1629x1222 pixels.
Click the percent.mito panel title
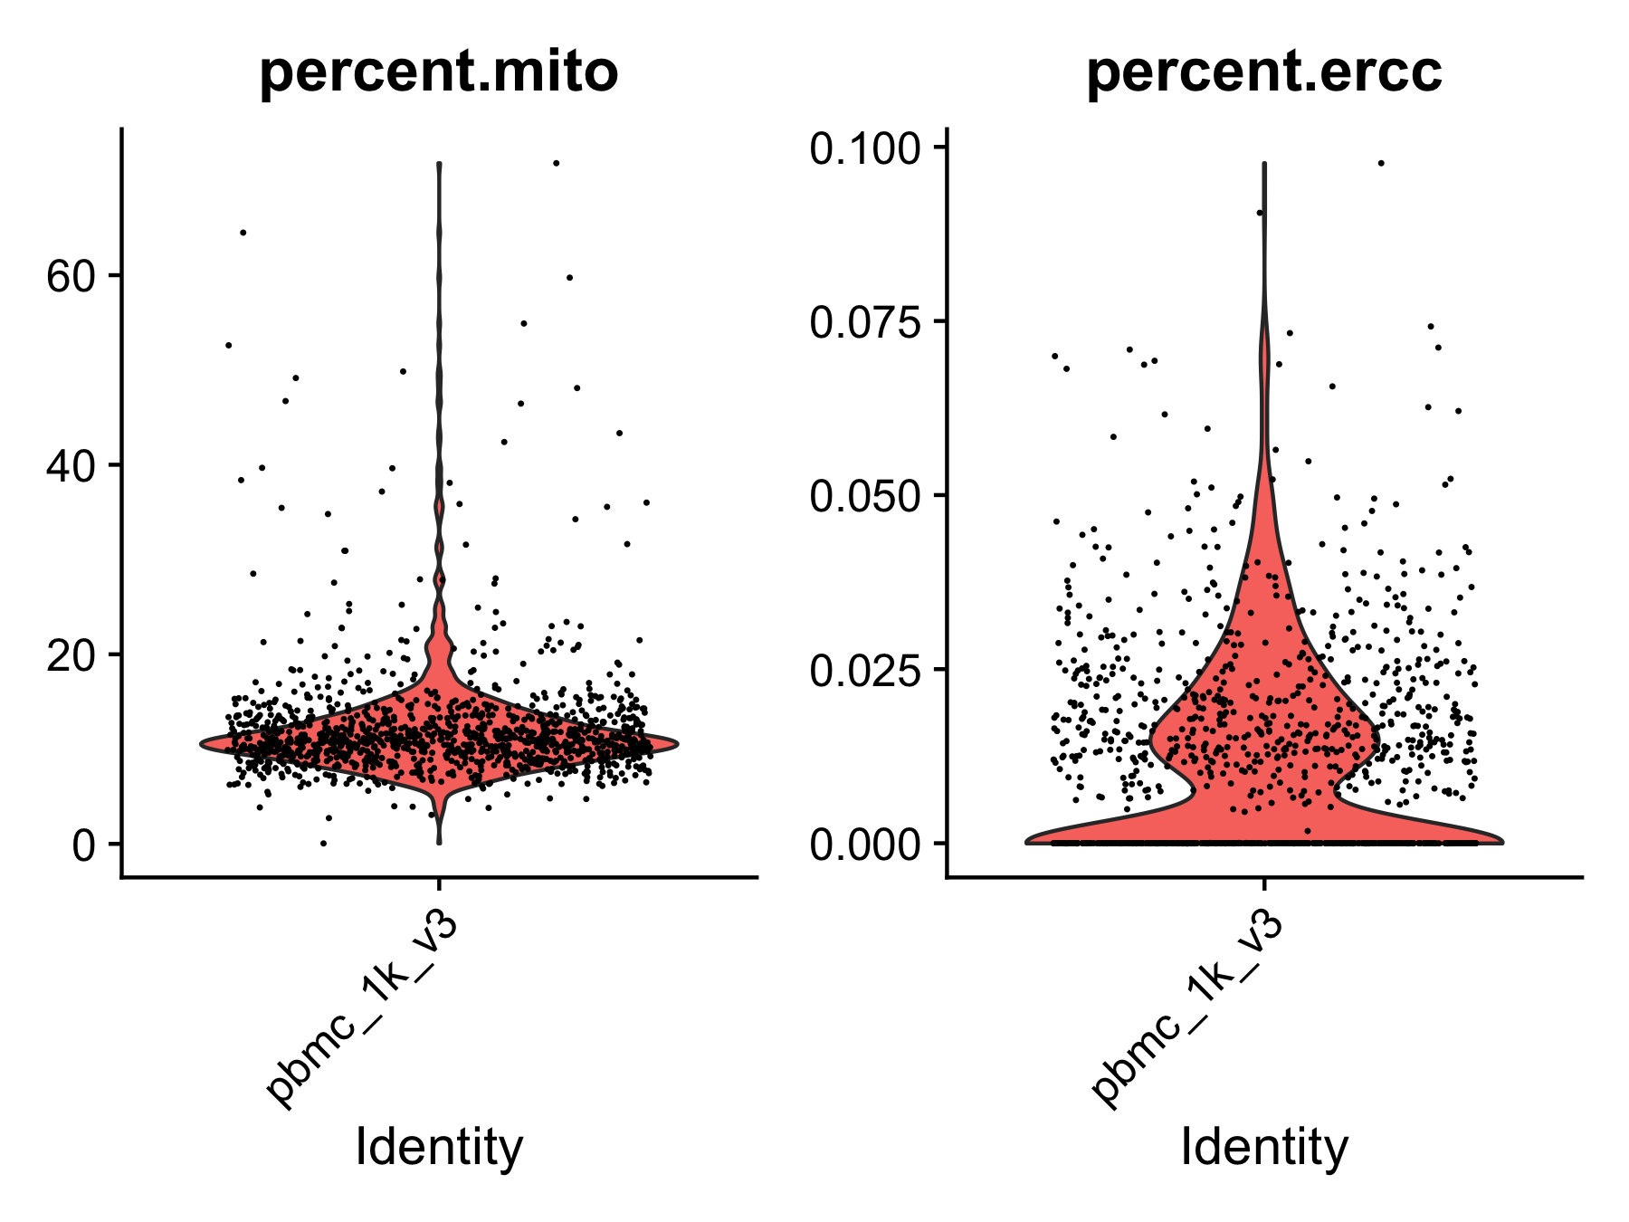439,72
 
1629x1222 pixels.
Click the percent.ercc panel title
1264,72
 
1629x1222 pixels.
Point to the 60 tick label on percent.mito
71,276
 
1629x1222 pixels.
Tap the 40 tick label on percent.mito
71,465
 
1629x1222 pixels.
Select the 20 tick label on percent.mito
71,654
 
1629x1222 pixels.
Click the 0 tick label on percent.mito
84,845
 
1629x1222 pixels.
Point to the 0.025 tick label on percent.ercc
866,670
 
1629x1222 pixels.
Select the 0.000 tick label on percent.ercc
866,844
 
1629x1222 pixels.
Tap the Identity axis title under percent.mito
439,1147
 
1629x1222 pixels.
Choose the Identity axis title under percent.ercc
1264,1147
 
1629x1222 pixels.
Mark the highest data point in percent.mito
557,164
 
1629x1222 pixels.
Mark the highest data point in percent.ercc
1381,163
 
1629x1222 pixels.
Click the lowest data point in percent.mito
323,844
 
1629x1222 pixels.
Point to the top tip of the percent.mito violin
439,164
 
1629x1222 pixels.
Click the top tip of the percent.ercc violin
1264,164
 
